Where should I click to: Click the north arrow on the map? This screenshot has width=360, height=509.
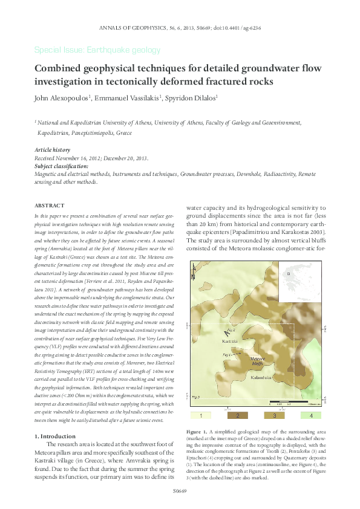[x=226, y=332]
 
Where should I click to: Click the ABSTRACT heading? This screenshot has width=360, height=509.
[x=50, y=206]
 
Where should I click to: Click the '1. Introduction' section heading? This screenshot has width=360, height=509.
[x=56, y=436]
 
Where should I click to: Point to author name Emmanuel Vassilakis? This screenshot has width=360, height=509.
[x=128, y=97]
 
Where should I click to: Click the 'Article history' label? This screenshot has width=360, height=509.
[x=52, y=149]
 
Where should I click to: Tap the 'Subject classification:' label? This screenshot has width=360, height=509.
[x=62, y=166]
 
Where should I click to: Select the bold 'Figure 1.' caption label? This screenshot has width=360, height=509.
[x=197, y=432]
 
